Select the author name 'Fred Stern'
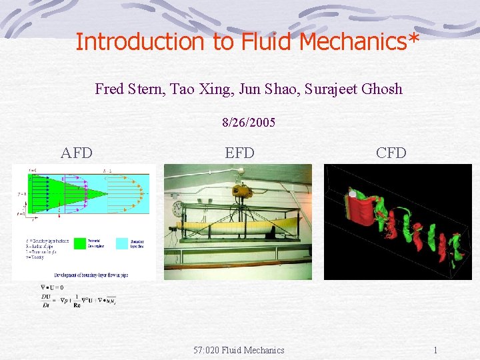(x=127, y=89)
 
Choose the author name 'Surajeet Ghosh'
(x=353, y=89)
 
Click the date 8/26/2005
(x=249, y=123)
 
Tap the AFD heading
(x=77, y=153)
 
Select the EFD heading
(x=239, y=153)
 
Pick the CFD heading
(x=391, y=153)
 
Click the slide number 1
(x=435, y=350)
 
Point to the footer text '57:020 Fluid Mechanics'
(x=239, y=350)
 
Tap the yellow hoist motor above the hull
(x=241, y=191)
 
